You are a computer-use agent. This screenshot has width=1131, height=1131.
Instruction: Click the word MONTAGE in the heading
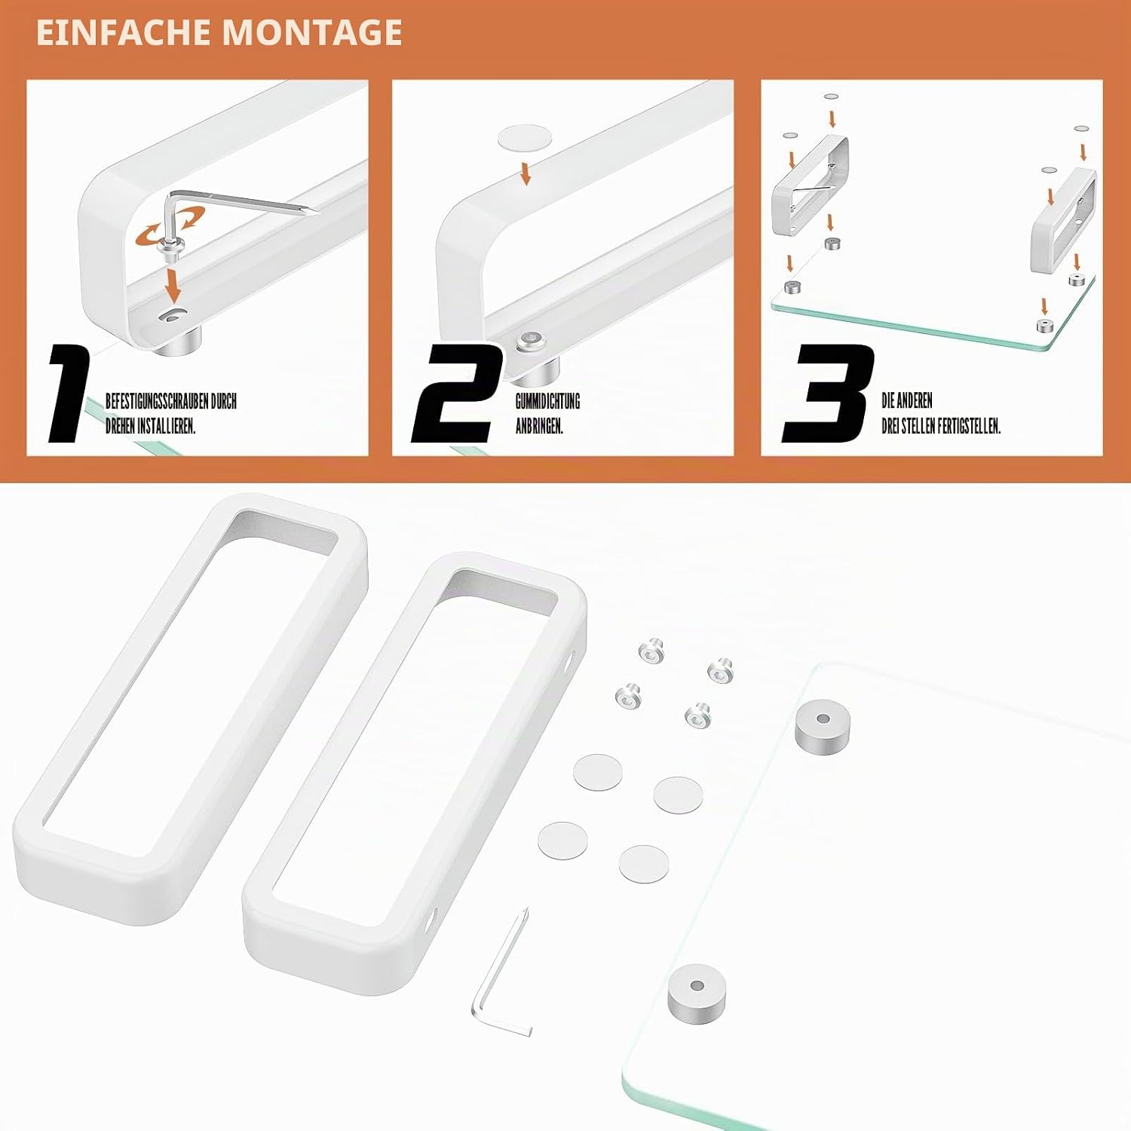click(x=312, y=32)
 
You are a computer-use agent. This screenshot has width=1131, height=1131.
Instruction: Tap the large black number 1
click(x=69, y=394)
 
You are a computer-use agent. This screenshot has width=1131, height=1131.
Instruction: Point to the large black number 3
click(x=828, y=394)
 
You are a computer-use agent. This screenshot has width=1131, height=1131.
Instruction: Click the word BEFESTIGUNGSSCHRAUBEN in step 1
click(x=157, y=401)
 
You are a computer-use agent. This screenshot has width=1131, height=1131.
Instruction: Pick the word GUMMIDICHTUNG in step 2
click(x=547, y=401)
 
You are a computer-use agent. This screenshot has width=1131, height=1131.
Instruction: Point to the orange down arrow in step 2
click(x=526, y=172)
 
